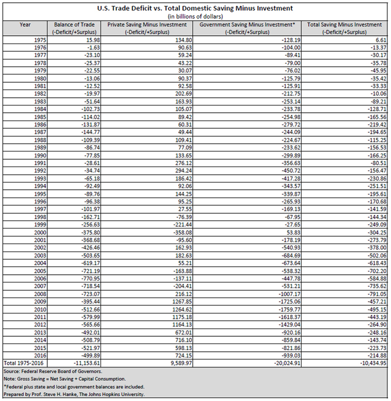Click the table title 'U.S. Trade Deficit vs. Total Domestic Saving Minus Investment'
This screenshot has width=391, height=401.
[195, 8]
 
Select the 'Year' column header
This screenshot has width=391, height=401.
[25, 25]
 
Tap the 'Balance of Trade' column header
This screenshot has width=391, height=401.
[75, 25]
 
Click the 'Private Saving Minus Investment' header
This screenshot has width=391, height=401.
[147, 25]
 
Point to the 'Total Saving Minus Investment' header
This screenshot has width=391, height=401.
[345, 25]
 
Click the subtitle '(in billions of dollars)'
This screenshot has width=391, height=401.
[195, 17]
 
